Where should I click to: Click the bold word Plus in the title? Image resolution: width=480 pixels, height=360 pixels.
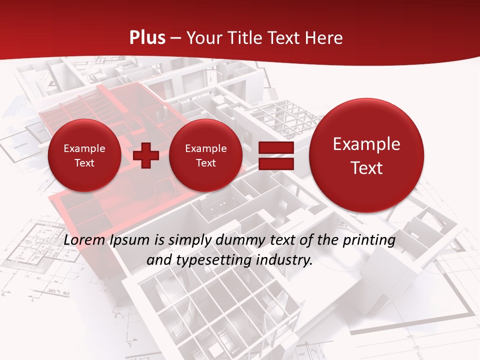147,38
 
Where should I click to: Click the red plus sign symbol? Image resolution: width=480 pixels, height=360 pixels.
146,155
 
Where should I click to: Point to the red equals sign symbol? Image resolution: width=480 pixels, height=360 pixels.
275,155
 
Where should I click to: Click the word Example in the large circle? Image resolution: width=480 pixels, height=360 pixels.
366,144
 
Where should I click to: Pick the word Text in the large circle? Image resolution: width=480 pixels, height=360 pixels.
366,168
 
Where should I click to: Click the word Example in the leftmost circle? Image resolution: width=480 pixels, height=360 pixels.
84,148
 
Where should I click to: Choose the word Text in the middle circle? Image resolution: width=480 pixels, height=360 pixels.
205,163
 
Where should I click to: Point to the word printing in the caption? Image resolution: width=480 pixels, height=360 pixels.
370,240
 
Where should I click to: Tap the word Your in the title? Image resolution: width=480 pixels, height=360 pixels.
204,38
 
